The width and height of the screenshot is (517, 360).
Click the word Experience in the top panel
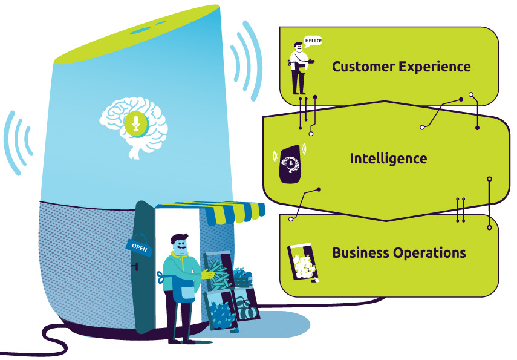coord(435,67)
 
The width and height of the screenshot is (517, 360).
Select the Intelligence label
coord(388,159)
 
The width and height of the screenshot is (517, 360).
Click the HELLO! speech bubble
coord(313,41)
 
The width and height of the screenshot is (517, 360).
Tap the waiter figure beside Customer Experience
coord(299,68)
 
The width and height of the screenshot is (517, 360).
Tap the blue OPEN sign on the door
coord(140,245)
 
